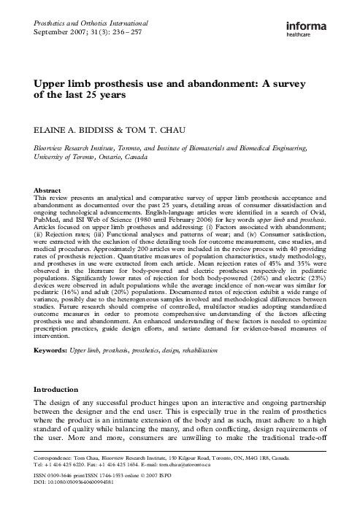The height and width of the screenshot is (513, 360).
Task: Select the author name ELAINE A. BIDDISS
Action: [x=77, y=132]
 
